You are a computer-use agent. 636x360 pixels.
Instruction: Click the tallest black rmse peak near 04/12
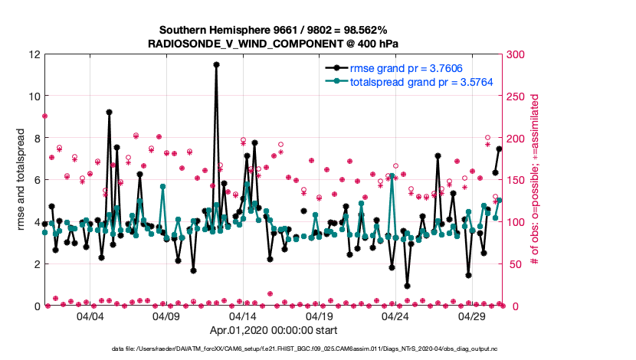[217, 65]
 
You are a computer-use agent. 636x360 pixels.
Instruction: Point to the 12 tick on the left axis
[34, 54]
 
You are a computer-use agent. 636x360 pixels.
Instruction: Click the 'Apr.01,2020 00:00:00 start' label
[274, 332]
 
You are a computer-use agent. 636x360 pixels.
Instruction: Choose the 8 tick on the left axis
[36, 138]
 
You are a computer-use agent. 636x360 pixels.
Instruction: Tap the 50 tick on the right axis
[515, 263]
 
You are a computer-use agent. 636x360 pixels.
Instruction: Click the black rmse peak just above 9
[110, 112]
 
